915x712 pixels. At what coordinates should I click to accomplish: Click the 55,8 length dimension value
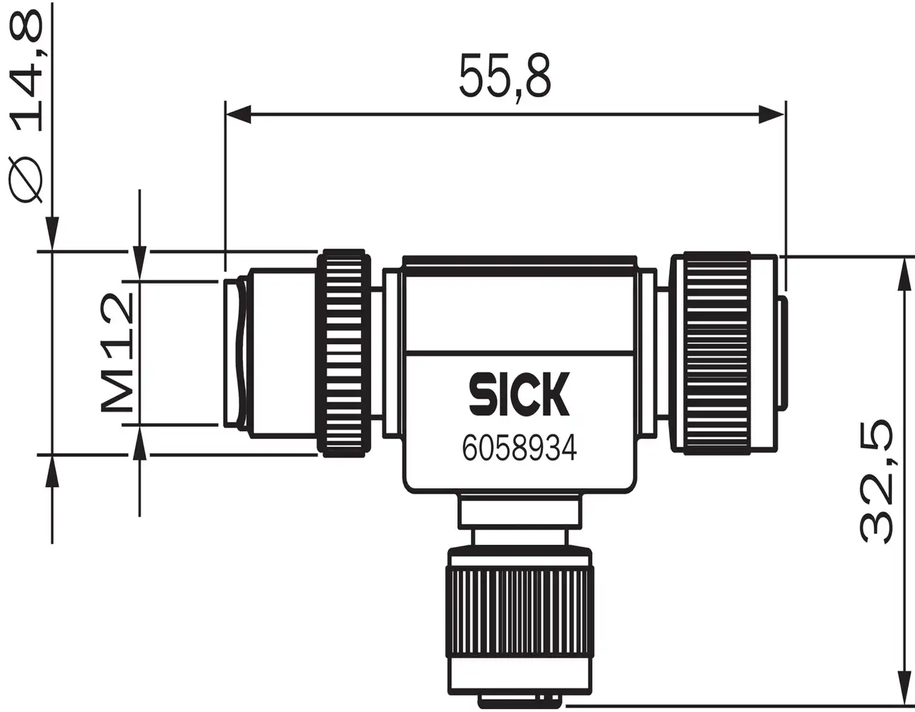click(x=505, y=75)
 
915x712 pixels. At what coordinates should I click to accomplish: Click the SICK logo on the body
click(x=519, y=394)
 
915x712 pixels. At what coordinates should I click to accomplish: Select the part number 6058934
click(x=519, y=448)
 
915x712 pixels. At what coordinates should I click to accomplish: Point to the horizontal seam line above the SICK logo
click(x=519, y=351)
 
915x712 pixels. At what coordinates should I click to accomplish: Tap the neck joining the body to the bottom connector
click(x=519, y=512)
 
